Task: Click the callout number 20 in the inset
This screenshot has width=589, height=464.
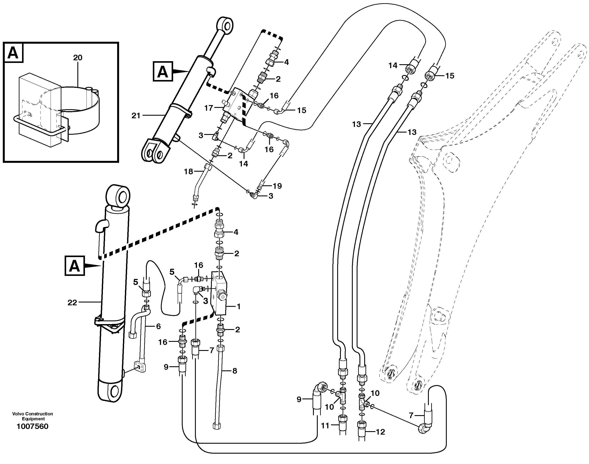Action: (x=78, y=58)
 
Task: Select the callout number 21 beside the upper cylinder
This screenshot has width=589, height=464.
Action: (x=136, y=116)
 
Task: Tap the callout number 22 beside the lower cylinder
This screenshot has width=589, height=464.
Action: (x=72, y=303)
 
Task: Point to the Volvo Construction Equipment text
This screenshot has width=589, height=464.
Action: (x=33, y=416)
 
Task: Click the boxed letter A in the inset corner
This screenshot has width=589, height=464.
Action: (x=13, y=53)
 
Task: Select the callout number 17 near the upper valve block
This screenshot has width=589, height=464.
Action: (x=209, y=108)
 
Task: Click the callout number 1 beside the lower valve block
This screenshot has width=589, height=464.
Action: (x=239, y=307)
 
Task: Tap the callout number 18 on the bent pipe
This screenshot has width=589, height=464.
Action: (x=188, y=171)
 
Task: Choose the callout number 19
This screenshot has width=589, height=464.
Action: (x=277, y=186)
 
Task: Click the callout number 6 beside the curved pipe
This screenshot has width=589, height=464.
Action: (x=158, y=326)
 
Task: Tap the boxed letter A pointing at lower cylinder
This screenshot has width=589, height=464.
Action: (x=74, y=266)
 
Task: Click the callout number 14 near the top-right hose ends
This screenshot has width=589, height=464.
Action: (x=393, y=66)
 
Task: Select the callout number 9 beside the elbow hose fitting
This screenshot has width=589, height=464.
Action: (x=299, y=400)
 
